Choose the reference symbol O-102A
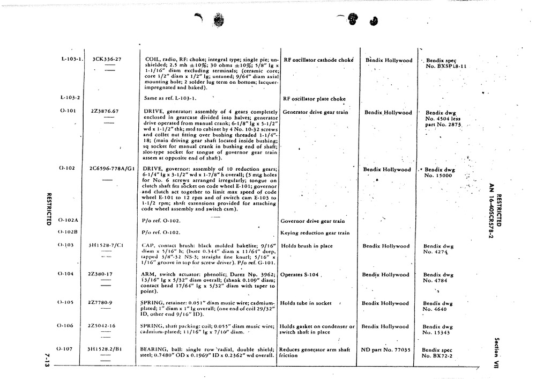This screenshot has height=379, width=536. coord(69,220)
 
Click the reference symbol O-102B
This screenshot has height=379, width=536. coord(69,232)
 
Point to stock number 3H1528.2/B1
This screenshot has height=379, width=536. coord(106,349)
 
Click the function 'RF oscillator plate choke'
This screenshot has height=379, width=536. coord(314,99)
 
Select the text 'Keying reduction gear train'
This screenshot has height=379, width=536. coord(315,233)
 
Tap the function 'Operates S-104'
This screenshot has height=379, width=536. coord(299,274)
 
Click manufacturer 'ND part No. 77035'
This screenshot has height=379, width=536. coord(385,350)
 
